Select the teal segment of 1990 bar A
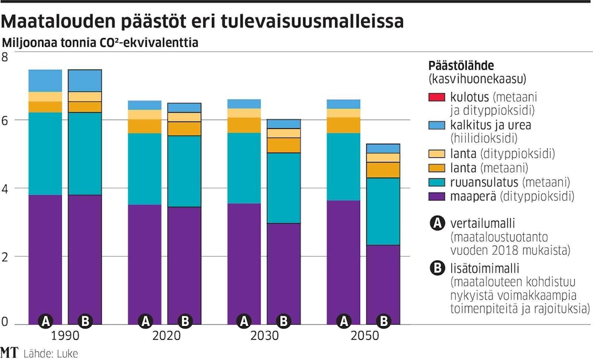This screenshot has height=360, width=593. [x=45, y=153]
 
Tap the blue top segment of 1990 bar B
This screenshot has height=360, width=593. [x=85, y=80]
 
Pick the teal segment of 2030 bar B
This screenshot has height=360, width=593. [x=284, y=188]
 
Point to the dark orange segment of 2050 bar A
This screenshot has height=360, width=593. [x=343, y=125]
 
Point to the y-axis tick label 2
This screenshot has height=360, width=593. [x=5, y=256]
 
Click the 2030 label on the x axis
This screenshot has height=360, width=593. [x=264, y=336]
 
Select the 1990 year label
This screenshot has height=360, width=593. [x=65, y=336]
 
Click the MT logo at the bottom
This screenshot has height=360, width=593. [x=9, y=352]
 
